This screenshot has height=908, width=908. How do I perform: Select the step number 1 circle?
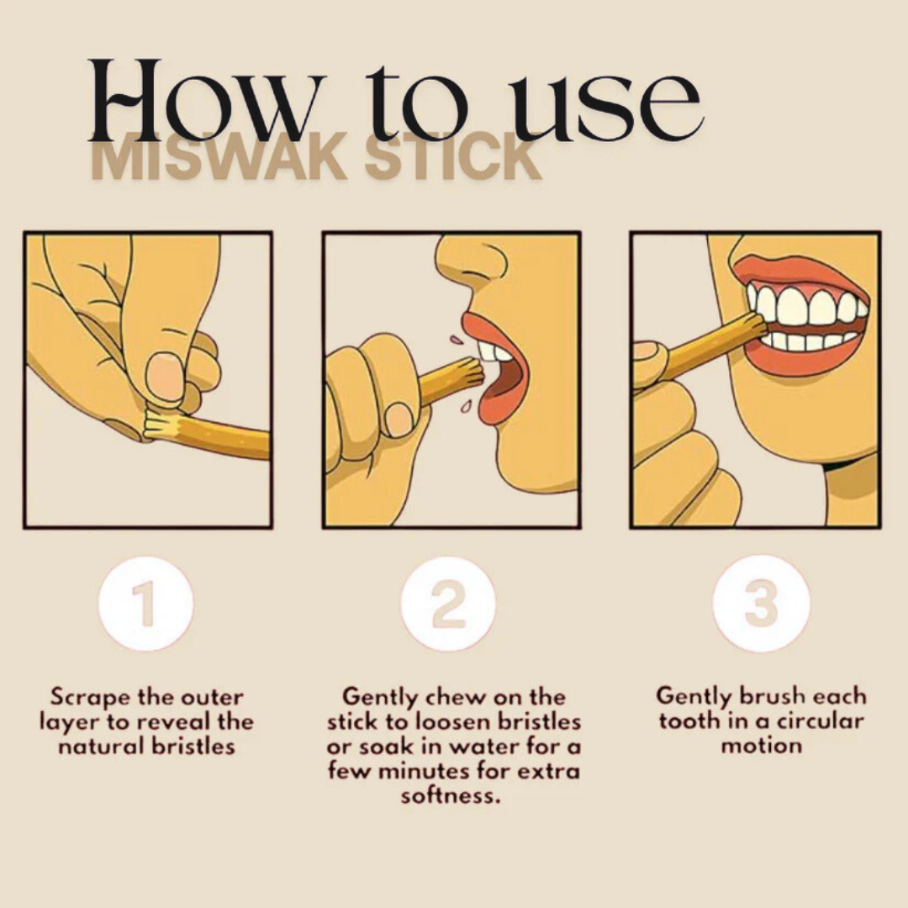pos(145,604)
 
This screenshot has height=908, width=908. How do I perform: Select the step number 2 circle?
pos(448,604)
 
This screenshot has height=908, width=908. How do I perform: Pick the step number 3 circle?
pos(761,604)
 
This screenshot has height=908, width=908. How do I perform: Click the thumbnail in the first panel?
pos(165,376)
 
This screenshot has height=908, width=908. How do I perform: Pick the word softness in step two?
pos(450,795)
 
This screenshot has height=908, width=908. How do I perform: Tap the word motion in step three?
pos(761,746)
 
